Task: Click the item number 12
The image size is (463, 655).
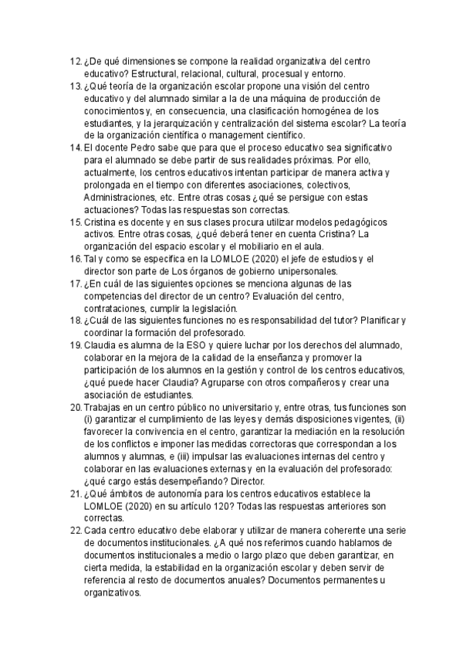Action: [75, 61]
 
